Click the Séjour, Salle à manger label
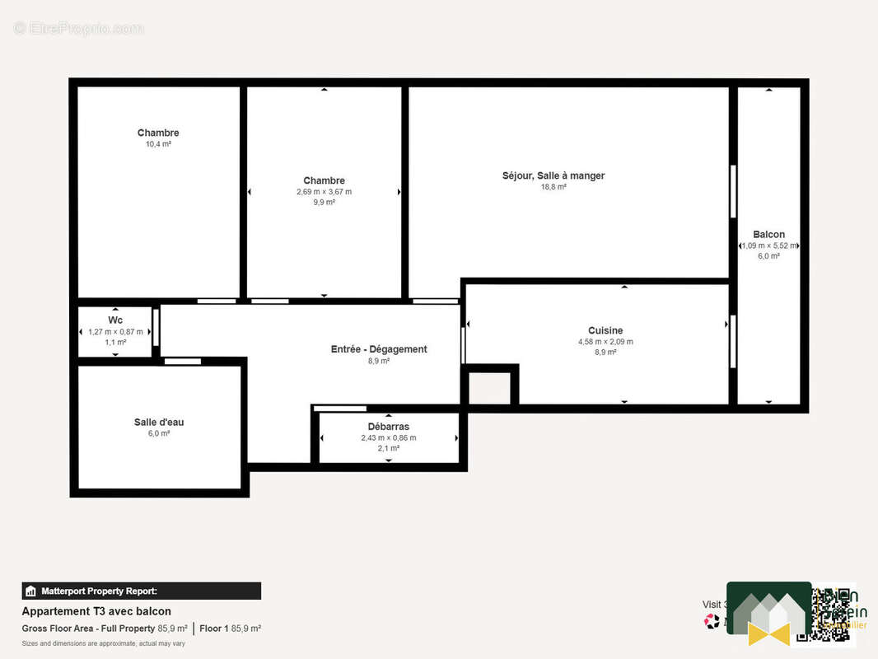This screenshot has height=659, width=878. click(553, 175)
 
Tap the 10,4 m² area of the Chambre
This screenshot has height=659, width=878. click(158, 144)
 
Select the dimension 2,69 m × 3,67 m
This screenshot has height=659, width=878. click(324, 192)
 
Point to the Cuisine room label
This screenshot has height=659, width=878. click(605, 330)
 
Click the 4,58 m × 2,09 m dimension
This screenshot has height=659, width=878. click(605, 342)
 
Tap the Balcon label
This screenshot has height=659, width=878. click(768, 235)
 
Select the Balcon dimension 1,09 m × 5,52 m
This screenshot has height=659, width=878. click(768, 245)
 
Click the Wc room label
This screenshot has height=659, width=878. click(115, 320)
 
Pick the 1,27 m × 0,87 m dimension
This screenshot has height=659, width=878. click(115, 332)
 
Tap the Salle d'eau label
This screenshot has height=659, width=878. click(159, 423)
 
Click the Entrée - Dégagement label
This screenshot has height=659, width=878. click(379, 349)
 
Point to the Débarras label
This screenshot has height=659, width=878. click(388, 427)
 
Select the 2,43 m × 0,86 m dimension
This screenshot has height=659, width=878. click(388, 438)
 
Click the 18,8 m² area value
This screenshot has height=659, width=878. click(553, 187)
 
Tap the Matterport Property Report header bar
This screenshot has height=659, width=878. click(141, 591)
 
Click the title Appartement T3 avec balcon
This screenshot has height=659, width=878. click(96, 611)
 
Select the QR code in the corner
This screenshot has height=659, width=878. click(834, 615)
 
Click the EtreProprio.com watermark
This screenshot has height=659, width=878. click(79, 29)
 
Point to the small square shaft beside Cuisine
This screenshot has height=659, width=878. click(489, 388)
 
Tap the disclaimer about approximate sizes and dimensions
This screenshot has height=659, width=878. click(104, 643)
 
